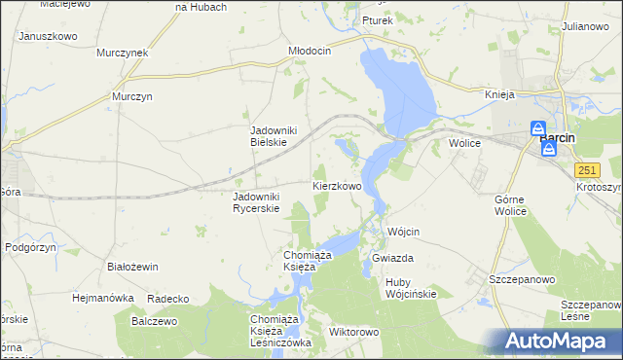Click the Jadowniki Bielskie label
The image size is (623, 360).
click(279, 136)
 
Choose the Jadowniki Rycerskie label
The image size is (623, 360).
click(256, 201)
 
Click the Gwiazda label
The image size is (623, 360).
click(393, 259)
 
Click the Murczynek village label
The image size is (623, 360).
click(122, 53)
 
